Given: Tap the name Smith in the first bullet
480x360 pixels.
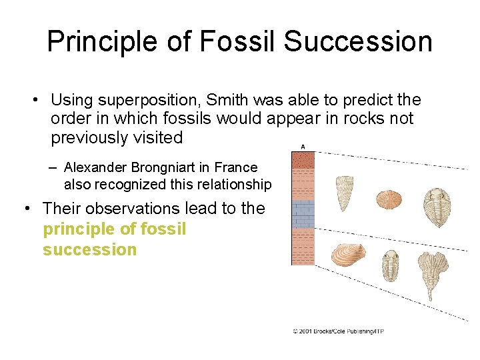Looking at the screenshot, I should click(x=227, y=100).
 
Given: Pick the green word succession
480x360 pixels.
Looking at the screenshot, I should click(x=89, y=250).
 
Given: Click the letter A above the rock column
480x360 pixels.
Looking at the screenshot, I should click(x=303, y=147).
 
